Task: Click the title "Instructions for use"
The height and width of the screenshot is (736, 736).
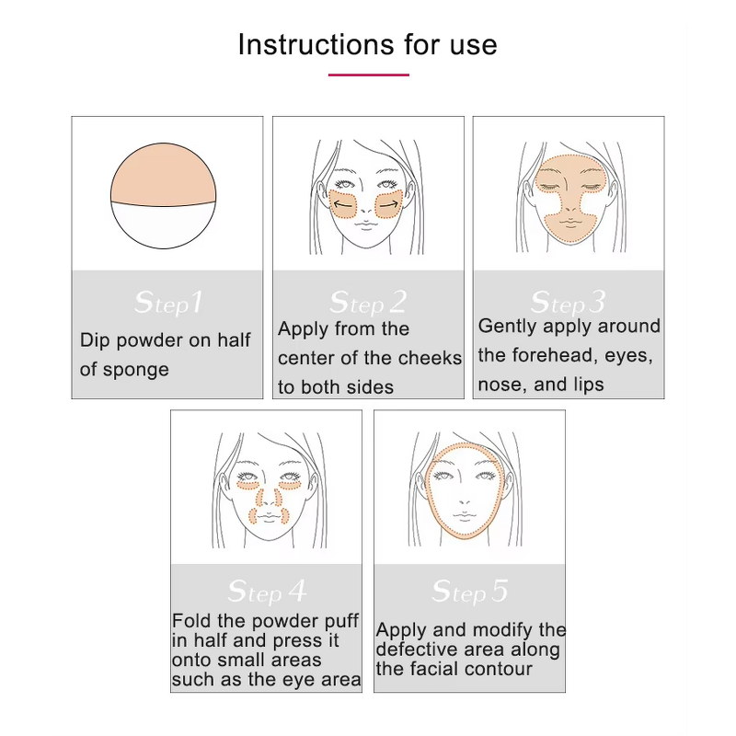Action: click(x=367, y=44)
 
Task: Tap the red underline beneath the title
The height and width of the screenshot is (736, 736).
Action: click(x=367, y=75)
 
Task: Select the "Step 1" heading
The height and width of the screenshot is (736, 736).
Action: click(x=167, y=302)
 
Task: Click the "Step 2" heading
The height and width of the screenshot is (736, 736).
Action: click(x=367, y=302)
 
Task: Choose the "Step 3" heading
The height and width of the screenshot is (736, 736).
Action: click(x=568, y=302)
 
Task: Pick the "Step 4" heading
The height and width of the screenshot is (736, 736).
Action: click(x=267, y=591)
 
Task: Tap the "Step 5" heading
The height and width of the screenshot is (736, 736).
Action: click(x=469, y=591)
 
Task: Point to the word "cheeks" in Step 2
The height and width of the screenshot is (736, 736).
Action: click(x=431, y=358)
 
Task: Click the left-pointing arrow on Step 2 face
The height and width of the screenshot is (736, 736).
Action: click(x=342, y=204)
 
